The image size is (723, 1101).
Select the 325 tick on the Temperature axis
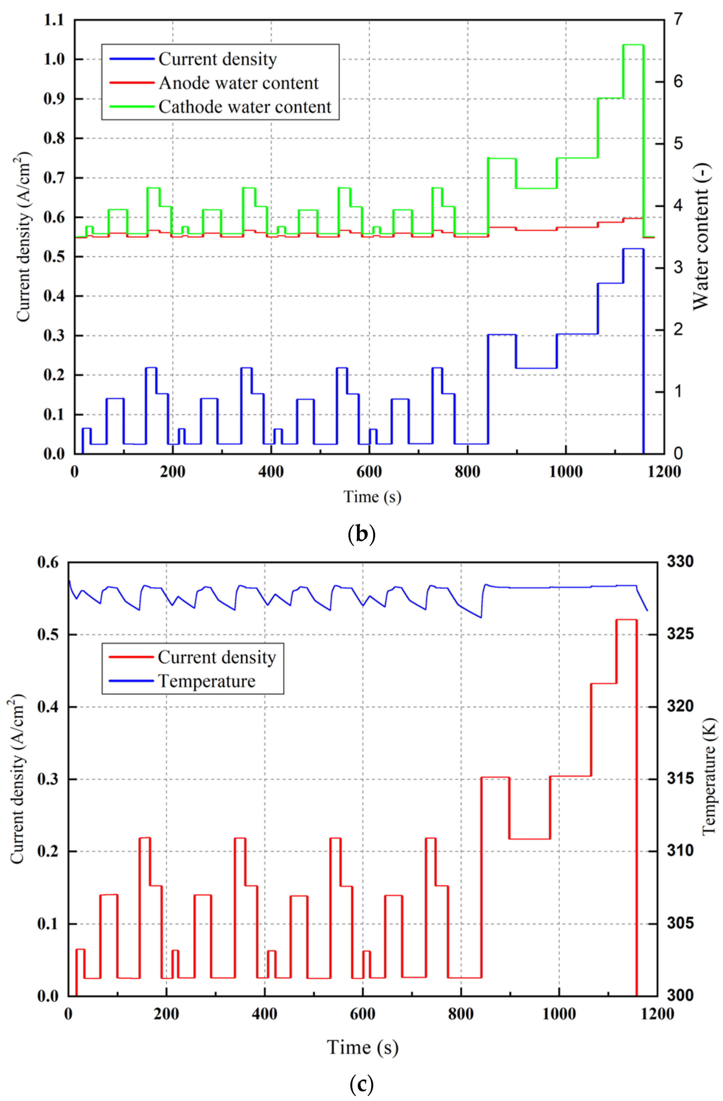pos(680,634)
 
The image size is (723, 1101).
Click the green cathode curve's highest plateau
pos(633,45)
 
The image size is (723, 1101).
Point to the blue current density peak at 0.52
pos(633,249)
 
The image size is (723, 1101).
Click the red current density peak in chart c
pos(626,619)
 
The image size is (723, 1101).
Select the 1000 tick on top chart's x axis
pos(565,472)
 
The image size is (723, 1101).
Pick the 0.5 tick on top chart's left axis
pos(54,257)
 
